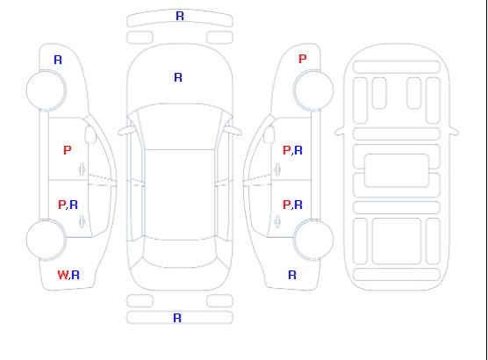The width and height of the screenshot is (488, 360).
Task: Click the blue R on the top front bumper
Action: point(180,16)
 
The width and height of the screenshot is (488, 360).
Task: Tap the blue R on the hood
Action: point(178,77)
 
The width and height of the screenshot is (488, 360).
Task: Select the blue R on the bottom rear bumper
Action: point(177,318)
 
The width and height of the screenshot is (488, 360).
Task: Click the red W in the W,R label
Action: point(62,275)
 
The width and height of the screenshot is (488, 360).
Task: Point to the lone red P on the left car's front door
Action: point(68,150)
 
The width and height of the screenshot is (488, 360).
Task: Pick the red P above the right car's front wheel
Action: point(302,59)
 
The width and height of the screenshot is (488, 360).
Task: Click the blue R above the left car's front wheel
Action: point(58,60)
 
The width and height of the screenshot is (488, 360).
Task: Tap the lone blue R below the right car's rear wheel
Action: point(292,275)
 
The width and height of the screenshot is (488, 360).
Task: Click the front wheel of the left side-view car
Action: point(46,90)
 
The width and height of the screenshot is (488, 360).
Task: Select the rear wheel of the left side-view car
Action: point(46,240)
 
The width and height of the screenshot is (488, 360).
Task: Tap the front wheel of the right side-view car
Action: point(313,90)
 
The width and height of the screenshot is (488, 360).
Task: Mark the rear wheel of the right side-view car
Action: point(313,240)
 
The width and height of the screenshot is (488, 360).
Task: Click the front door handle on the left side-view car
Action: point(83,169)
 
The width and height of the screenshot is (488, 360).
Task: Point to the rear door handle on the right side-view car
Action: point(277,221)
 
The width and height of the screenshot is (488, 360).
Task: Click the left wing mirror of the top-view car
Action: point(126,131)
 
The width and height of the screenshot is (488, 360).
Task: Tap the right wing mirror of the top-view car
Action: point(233,131)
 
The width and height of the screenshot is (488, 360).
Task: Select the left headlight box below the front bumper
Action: point(140,38)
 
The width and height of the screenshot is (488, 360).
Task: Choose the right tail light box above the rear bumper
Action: point(219,301)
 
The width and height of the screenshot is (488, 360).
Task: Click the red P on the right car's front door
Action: point(286,150)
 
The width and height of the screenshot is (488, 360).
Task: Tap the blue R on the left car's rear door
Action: point(74,205)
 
